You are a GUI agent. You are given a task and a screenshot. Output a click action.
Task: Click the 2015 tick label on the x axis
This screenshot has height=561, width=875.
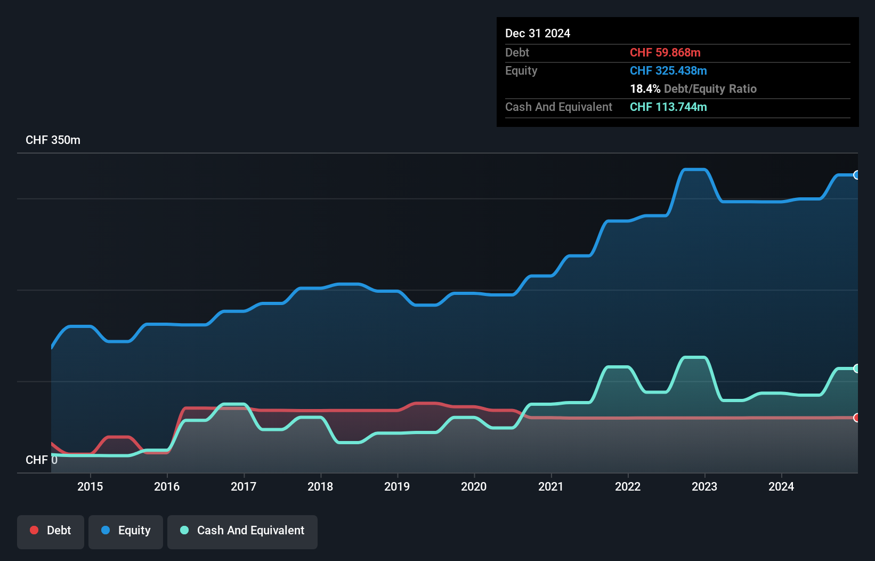click(90, 486)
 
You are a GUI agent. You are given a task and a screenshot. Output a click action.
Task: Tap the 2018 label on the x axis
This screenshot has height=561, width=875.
click(320, 486)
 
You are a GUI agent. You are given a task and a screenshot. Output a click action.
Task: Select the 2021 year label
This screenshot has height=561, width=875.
click(550, 486)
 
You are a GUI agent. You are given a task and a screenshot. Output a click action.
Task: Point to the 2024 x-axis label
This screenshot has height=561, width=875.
click(781, 486)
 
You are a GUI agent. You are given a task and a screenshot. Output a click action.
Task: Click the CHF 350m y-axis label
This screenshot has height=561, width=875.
click(53, 140)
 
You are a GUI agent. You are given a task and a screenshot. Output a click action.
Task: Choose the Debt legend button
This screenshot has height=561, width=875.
click(51, 531)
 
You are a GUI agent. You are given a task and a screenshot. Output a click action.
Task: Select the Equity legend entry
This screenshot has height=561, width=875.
click(126, 531)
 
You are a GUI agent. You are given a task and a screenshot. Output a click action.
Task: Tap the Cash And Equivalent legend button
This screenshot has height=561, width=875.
click(242, 531)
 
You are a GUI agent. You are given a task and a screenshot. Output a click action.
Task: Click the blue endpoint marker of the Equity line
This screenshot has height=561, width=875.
click(857, 175)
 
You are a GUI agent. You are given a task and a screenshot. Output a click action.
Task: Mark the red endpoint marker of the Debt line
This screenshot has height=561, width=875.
click(857, 418)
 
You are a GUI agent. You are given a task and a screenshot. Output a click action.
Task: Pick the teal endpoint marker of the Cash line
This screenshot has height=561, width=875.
click(857, 368)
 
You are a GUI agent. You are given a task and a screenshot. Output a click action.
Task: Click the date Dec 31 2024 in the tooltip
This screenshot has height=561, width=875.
click(538, 34)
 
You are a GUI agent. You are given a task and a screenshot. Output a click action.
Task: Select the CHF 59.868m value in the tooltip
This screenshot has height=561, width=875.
click(665, 53)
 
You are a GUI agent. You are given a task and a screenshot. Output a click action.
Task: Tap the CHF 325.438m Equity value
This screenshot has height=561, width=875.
click(668, 71)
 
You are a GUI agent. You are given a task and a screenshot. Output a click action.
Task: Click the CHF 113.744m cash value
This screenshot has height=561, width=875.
click(668, 107)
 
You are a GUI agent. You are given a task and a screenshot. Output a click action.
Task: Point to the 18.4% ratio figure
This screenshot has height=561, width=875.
click(645, 89)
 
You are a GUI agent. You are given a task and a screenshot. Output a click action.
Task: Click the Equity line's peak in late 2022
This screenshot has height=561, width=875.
click(694, 170)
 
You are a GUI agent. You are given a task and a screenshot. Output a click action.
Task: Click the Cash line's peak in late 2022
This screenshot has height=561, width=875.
click(694, 357)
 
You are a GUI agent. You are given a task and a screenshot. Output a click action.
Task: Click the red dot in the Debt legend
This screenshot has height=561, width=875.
click(34, 530)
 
